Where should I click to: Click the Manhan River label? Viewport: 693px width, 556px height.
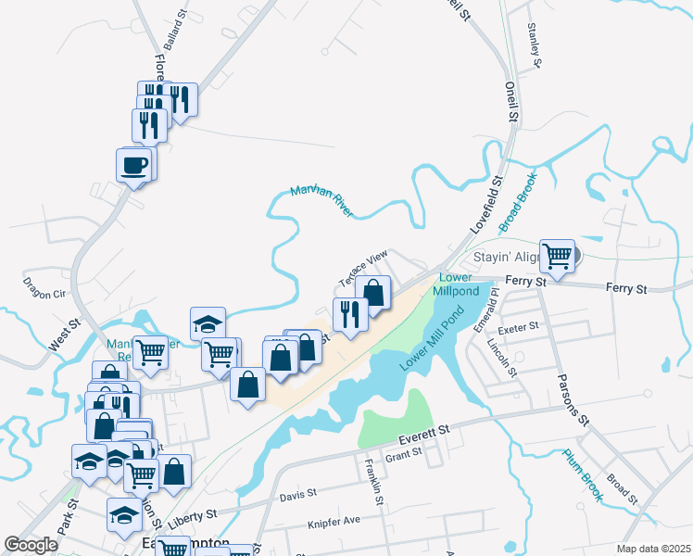(x=321, y=201)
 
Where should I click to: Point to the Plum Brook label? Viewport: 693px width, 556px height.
(x=583, y=474)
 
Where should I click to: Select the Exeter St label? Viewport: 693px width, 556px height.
(x=519, y=328)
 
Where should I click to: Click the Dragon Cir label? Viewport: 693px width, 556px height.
(x=45, y=293)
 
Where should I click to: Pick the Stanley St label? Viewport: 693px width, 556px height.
(x=534, y=45)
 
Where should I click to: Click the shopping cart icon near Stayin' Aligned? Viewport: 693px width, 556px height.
(x=557, y=255)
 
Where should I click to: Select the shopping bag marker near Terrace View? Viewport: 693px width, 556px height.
(x=372, y=293)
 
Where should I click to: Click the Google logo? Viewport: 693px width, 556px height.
(x=31, y=545)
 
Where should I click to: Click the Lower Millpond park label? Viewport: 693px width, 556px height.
(x=456, y=284)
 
